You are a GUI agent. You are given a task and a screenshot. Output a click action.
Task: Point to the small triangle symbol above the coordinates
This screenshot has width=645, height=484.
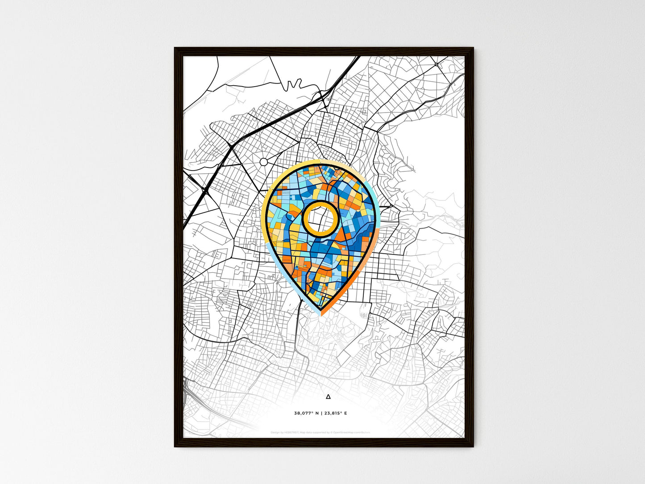point(329,396)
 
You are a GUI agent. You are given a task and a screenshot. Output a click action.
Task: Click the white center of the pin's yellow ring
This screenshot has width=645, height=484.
point(320,218)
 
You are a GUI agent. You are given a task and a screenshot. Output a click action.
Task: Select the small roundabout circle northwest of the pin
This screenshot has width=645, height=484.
point(264,162)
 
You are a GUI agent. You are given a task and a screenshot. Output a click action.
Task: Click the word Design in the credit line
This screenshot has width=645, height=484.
point(275,432)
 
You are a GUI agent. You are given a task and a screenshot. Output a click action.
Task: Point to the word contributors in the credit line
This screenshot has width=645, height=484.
point(362,432)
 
